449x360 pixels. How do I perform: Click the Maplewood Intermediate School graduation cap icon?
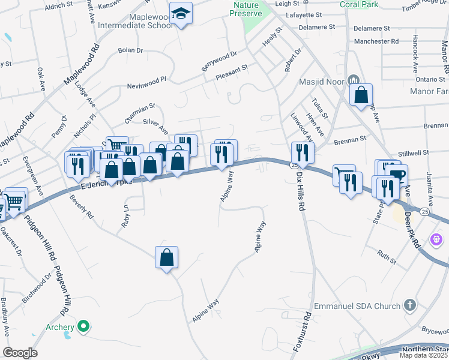(x=180, y=13)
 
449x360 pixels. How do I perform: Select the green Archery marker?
(x=84, y=327)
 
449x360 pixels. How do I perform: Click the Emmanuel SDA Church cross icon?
(x=410, y=305)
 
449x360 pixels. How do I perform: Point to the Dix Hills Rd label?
(x=300, y=189)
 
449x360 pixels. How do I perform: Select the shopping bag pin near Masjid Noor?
(x=361, y=95)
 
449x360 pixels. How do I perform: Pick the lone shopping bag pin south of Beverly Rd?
(x=166, y=257)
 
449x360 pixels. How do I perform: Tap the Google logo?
(x=20, y=353)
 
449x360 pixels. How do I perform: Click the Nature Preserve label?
(x=246, y=9)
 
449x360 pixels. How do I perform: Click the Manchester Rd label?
(x=376, y=41)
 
